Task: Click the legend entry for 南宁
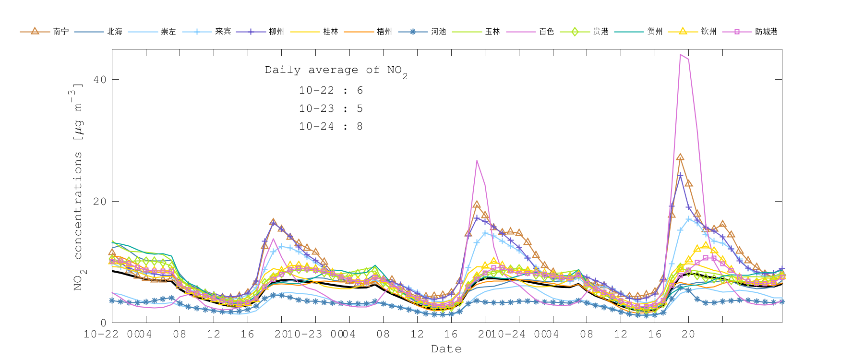coord(45,31)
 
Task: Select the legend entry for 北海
coord(99,31)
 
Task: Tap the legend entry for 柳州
coord(261,31)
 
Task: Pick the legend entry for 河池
coord(423,31)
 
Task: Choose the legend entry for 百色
coord(531,31)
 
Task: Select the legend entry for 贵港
coord(585,31)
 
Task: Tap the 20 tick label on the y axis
coord(100,202)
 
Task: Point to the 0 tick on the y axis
coord(103,323)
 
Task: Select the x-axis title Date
coord(446,349)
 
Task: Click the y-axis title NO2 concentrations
coord(78,187)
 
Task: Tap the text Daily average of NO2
coord(336,71)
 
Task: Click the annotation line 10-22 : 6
coord(331,90)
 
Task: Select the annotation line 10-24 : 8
coord(331,126)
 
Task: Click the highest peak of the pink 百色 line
coord(680,55)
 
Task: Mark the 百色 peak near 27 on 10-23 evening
coord(477,161)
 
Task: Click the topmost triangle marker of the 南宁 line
coord(680,157)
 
